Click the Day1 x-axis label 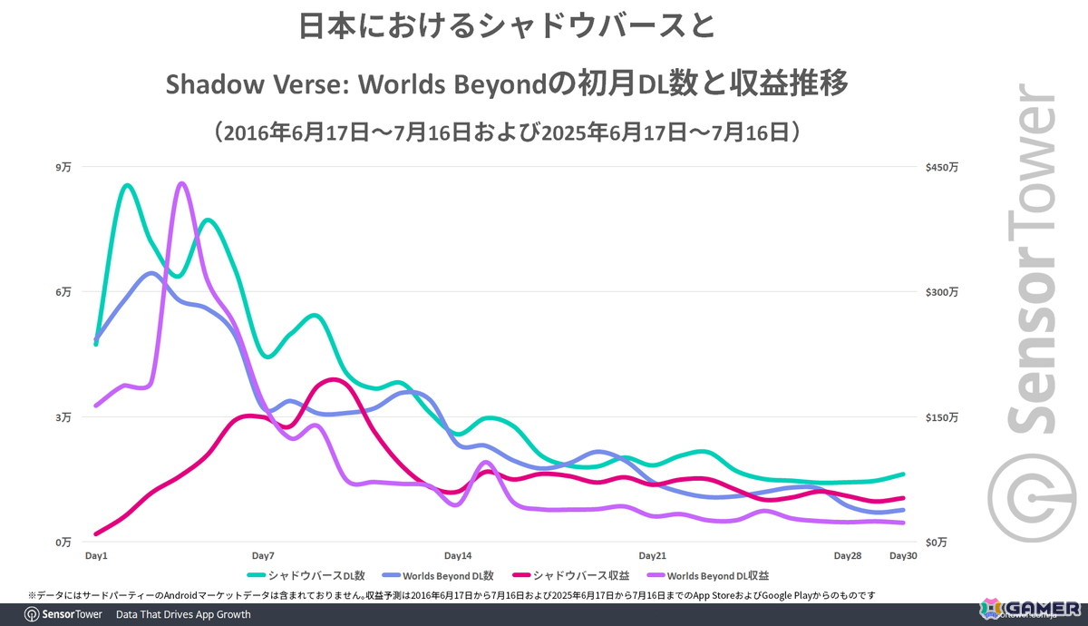[96, 555]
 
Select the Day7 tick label [263, 555]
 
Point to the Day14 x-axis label [458, 555]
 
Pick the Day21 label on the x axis [653, 555]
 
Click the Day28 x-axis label [848, 555]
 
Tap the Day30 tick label [903, 555]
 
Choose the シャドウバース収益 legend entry [576, 575]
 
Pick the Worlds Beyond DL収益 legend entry [716, 575]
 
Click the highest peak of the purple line [181, 183]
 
